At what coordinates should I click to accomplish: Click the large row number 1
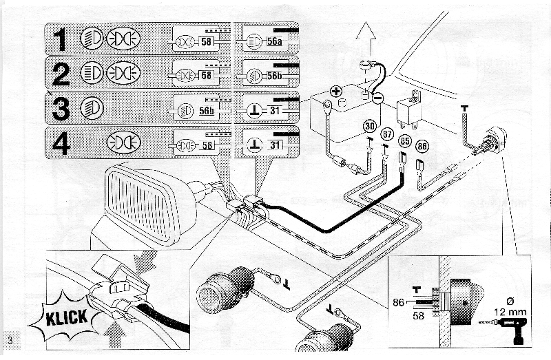[61, 40]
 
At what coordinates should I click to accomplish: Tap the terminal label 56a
[275, 42]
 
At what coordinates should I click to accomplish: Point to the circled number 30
[370, 127]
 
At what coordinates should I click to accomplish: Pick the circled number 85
[405, 142]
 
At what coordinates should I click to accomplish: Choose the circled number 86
[423, 146]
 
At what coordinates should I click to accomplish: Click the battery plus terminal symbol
[335, 91]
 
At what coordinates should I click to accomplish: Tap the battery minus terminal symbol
[377, 98]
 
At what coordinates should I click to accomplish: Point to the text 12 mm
[509, 311]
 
